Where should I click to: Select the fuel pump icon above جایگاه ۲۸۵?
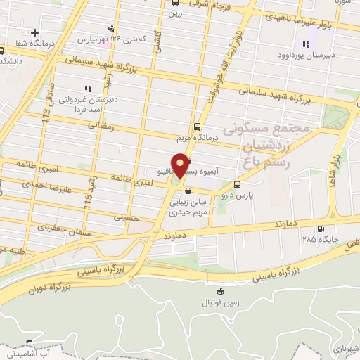coord(321,229)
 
